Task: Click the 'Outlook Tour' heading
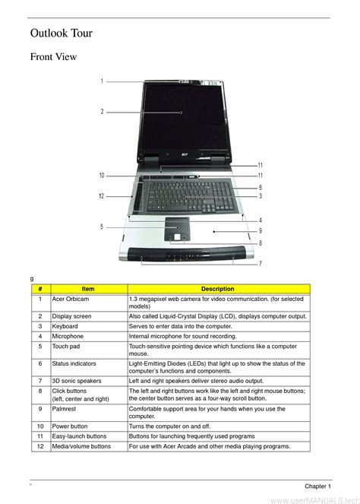pyautogui.click(x=62, y=33)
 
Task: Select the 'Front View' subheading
pyautogui.click(x=53, y=56)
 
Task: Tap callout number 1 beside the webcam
pyautogui.click(x=102, y=81)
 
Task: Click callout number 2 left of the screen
pyautogui.click(x=102, y=112)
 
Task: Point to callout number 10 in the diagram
pyautogui.click(x=102, y=176)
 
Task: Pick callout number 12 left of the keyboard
pyautogui.click(x=102, y=196)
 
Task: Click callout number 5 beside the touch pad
pyautogui.click(x=102, y=227)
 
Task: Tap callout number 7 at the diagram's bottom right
pyautogui.click(x=261, y=264)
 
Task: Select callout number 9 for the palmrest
pyautogui.click(x=261, y=231)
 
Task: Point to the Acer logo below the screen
pyautogui.click(x=185, y=154)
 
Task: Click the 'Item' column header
pyautogui.click(x=88, y=289)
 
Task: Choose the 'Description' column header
pyautogui.click(x=218, y=289)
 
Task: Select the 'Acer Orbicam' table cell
pyautogui.click(x=71, y=299)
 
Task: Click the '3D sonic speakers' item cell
pyautogui.click(x=77, y=381)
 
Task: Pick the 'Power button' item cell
pyautogui.click(x=70, y=426)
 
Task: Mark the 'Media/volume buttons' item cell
pyautogui.click(x=81, y=446)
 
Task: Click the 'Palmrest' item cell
pyautogui.click(x=64, y=409)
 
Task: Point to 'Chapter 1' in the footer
pyautogui.click(x=317, y=487)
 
